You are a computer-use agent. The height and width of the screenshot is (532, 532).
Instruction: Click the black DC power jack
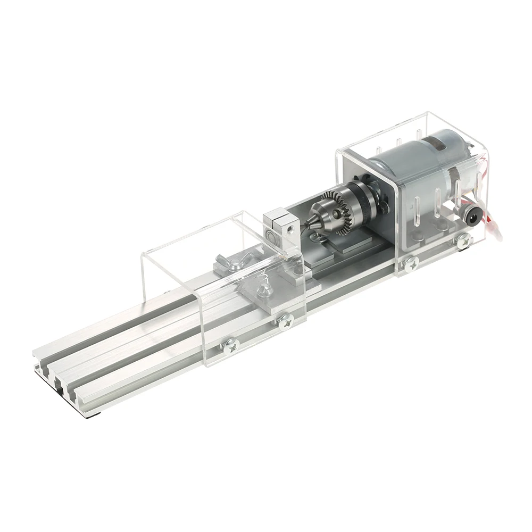tap(472, 214)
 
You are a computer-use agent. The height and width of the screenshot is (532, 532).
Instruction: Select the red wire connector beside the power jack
tap(495, 231)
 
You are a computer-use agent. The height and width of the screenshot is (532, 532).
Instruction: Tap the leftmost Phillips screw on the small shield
tap(230, 346)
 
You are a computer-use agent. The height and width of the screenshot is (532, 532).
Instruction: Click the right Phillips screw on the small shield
tap(286, 320)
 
